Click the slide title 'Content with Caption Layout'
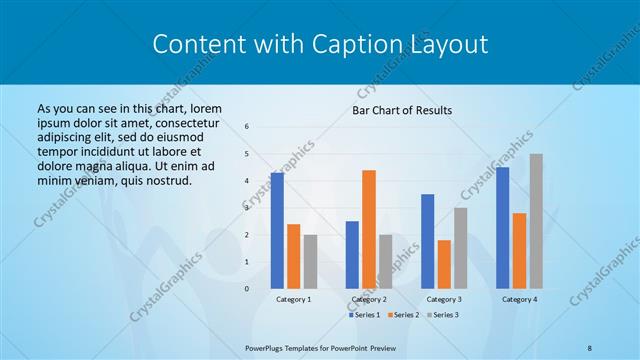[x=320, y=44]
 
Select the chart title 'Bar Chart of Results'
[x=402, y=110]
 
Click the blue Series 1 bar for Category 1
[x=277, y=230]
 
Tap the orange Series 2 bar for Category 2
[x=369, y=229]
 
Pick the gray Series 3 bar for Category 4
[x=536, y=221]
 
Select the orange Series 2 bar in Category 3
[x=444, y=264]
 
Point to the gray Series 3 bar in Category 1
[x=310, y=261]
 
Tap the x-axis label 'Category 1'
[x=294, y=299]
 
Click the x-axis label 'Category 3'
[x=444, y=299]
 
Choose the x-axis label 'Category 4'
[x=519, y=299]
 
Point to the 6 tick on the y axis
[x=247, y=127]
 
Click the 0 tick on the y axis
[x=247, y=288]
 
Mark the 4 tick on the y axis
[x=247, y=181]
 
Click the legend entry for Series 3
[x=444, y=315]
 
